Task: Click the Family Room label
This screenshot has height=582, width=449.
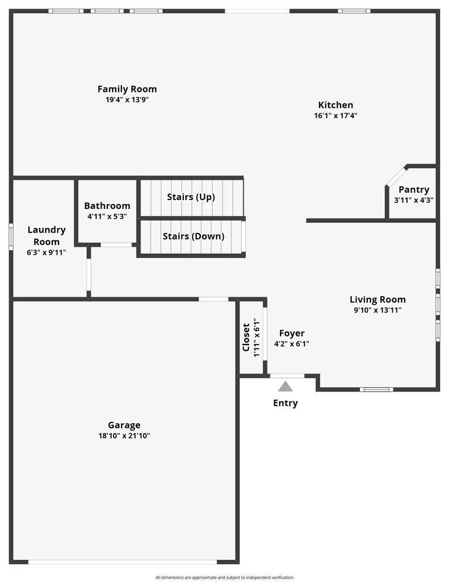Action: (127, 89)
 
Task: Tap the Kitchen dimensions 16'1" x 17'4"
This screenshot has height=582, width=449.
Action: (335, 115)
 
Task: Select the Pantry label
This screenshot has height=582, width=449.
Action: (414, 190)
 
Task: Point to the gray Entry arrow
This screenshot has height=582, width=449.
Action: (285, 386)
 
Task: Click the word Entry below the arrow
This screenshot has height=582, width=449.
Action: (286, 403)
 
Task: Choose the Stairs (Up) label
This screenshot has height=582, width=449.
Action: (191, 197)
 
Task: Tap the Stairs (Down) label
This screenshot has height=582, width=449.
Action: (194, 236)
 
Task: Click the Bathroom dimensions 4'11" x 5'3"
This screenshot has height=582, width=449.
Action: (107, 217)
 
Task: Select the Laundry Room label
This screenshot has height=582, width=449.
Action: (47, 236)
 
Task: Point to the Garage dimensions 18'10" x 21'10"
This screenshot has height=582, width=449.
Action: (124, 436)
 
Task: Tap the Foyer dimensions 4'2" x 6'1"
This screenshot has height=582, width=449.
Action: (292, 344)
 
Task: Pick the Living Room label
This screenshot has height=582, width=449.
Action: (378, 300)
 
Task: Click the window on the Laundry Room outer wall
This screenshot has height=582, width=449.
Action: (11, 237)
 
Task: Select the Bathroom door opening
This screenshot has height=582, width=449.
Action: (116, 244)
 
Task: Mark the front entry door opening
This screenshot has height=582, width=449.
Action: (287, 376)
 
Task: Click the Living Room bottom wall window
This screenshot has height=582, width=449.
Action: (376, 389)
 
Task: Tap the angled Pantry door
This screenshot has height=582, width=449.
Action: (396, 176)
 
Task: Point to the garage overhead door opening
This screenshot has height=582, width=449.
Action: (123, 562)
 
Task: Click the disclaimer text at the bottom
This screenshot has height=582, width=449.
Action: (224, 577)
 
